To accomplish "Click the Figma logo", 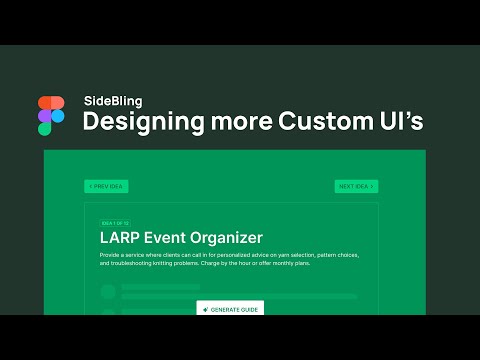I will pos(51,116).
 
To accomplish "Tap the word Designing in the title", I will pos(137,122).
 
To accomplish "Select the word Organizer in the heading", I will pos(232,238).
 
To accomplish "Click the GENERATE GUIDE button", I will pos(230,309).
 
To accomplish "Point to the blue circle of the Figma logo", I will pos(57,116).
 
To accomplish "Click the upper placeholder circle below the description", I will pos(107,291).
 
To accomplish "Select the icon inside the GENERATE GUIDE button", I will pos(205,309).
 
